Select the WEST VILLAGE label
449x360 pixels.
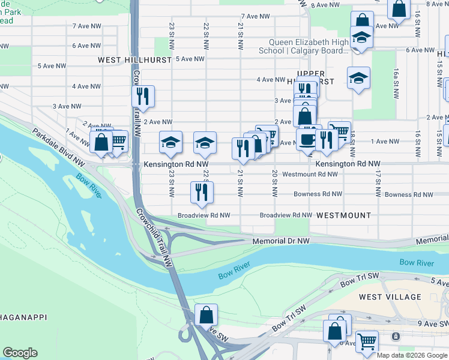tap(390, 297)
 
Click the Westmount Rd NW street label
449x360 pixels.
tap(310, 174)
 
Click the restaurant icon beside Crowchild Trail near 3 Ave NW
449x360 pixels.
tap(143, 96)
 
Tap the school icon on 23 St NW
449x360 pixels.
tap(171, 143)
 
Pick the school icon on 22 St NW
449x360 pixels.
tap(205, 143)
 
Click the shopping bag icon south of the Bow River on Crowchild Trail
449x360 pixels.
tap(206, 314)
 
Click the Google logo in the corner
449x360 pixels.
tap(20, 353)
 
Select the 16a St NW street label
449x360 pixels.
tap(396, 78)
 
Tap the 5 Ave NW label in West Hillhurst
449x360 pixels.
tap(190, 59)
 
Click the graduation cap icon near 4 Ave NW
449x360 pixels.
tap(358, 77)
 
